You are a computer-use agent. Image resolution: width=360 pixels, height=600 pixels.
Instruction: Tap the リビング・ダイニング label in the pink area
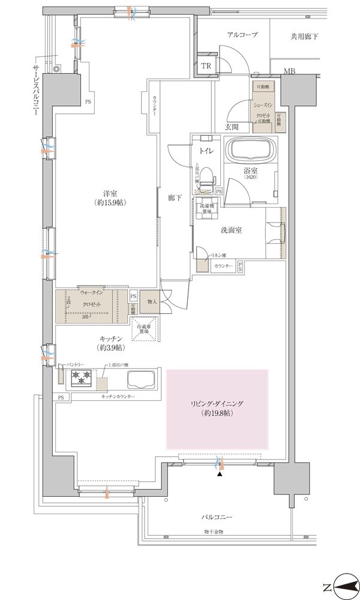pos(218,408)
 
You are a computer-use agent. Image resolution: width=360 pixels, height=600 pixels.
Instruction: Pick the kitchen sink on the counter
pos(142,379)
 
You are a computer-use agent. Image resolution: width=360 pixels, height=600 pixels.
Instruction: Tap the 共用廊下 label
pos(305,37)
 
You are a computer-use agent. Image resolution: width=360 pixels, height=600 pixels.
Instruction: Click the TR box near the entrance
pos(206,65)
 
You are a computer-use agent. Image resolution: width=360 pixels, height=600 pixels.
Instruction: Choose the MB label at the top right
pos(289,72)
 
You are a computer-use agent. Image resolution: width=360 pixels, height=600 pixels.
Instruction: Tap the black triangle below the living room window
pos(219,474)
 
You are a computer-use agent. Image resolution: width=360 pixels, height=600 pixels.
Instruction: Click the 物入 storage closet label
pos(152,301)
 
